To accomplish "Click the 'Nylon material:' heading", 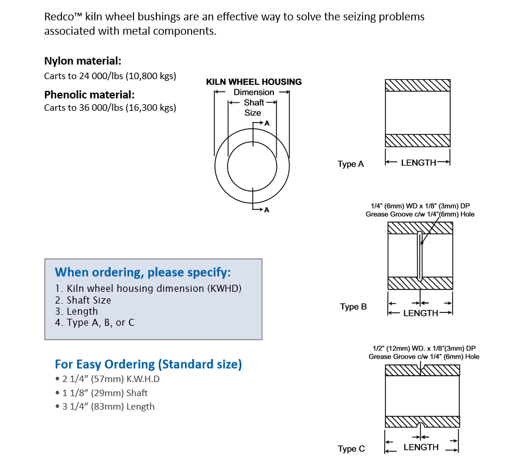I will point(83,61).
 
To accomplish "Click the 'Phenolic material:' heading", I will point(89,94).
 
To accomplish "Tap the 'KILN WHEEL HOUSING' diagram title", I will point(254,82).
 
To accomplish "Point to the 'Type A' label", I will point(351,164).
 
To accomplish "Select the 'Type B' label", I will point(353,306).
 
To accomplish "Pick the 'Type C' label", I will point(351,449).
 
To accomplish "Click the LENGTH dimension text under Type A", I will point(418,162).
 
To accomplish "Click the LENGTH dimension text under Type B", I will point(421,313).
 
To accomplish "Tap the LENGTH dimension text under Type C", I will point(421,447).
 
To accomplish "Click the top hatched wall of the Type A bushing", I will point(418,86).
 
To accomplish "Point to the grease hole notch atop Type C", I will point(422,368).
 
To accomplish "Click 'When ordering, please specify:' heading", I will point(143,272).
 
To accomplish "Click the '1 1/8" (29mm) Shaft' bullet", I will point(105,393).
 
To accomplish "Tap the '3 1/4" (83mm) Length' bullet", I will point(108,406).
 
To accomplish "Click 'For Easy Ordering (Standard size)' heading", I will point(148,364).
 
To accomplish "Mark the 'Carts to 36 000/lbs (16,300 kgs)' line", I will point(110,107).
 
